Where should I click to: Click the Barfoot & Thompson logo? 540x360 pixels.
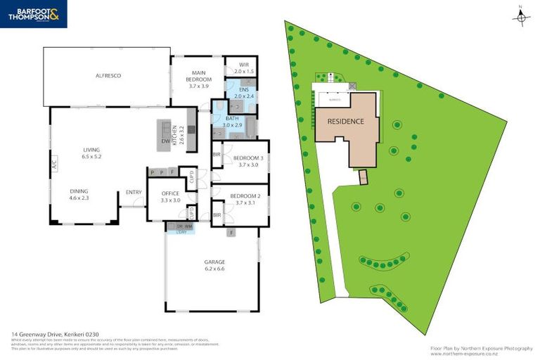(34, 14)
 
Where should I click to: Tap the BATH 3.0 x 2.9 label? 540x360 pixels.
(232, 122)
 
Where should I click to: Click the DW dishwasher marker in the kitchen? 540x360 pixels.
(165, 141)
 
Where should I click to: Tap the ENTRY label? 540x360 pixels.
(134, 192)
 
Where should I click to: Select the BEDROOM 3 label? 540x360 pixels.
(248, 162)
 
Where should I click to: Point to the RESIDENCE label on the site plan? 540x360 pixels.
(345, 122)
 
